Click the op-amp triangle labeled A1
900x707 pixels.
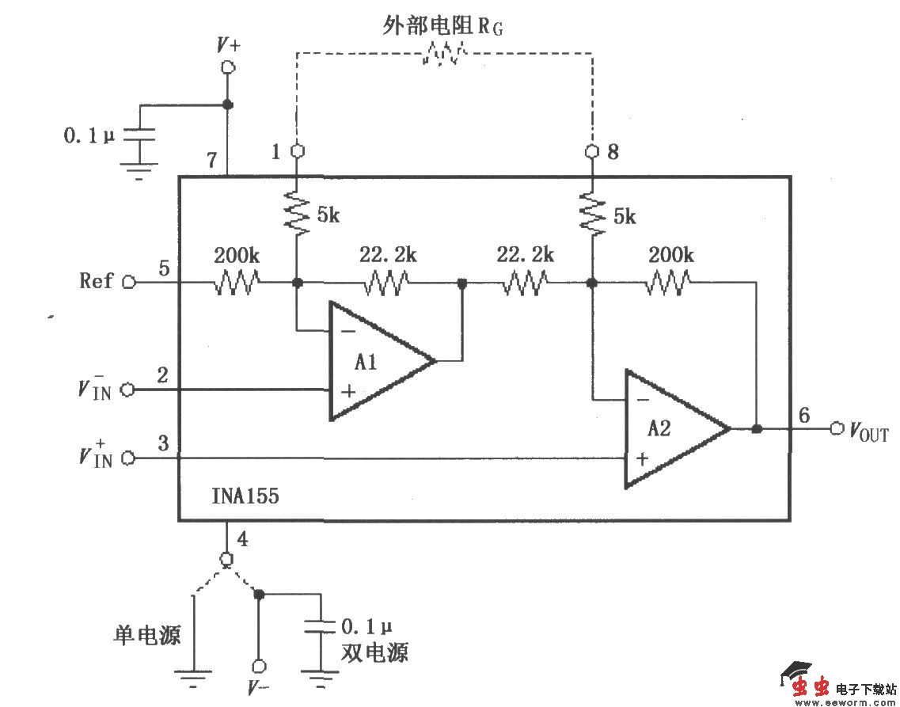[372, 362]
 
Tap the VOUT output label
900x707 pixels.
[869, 431]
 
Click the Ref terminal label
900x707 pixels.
[97, 281]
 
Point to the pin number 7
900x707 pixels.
[211, 160]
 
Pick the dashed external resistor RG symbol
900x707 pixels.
[443, 54]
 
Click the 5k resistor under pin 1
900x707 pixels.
[297, 211]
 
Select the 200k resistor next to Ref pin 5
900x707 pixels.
[236, 282]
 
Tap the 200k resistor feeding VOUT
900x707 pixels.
[669, 282]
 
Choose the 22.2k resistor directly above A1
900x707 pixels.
[386, 282]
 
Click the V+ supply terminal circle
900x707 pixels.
[228, 68]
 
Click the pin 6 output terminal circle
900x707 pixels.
[837, 429]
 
